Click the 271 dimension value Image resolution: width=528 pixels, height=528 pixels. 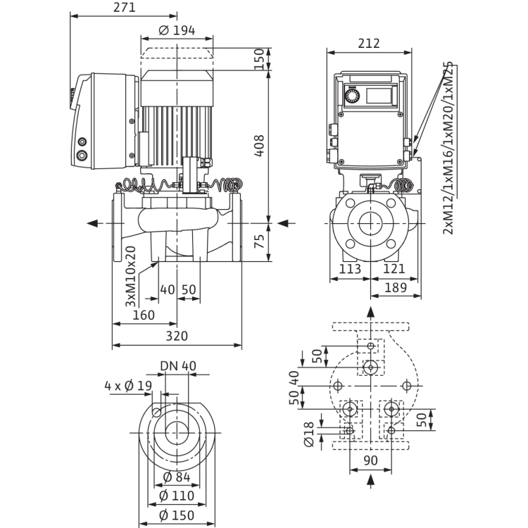click(x=124, y=8)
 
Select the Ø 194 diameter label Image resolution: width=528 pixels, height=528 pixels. click(x=177, y=31)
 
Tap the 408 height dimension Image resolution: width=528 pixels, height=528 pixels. click(x=259, y=146)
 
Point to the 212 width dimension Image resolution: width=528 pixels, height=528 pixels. click(x=369, y=44)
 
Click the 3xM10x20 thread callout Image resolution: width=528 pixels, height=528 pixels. click(x=131, y=277)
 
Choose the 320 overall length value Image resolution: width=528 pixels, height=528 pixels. click(x=177, y=336)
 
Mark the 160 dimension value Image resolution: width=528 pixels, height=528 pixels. click(x=144, y=315)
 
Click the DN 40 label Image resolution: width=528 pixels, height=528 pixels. click(x=178, y=366)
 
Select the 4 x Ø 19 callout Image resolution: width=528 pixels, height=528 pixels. click(x=128, y=386)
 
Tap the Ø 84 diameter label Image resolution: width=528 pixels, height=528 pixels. click(x=177, y=477)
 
